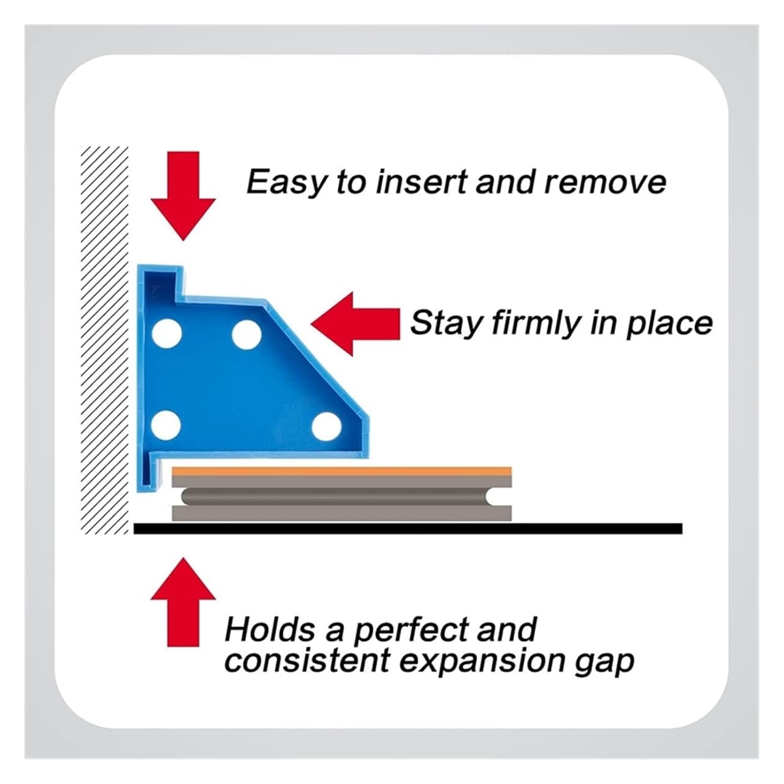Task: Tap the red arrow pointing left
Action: pyautogui.click(x=355, y=324)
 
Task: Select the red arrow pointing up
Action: pyautogui.click(x=183, y=601)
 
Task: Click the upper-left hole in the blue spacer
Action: pyautogui.click(x=167, y=333)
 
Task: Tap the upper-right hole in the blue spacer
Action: pyautogui.click(x=247, y=335)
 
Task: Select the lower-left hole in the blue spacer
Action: pyautogui.click(x=167, y=424)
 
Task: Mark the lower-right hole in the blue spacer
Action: pyautogui.click(x=326, y=426)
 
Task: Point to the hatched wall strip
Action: pyautogui.click(x=105, y=340)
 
